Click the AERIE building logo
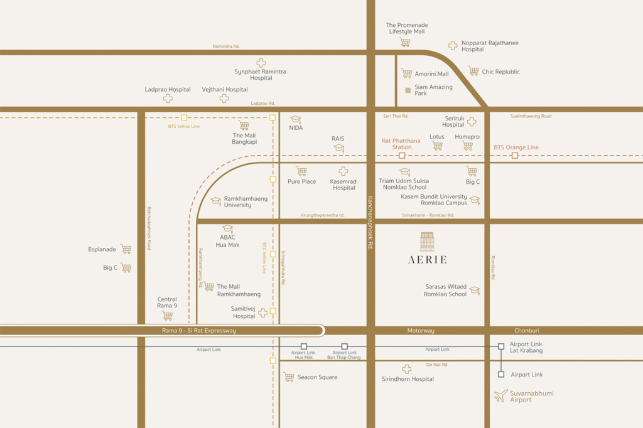pos(427,242)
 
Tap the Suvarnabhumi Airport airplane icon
pos(500,396)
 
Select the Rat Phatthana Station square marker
pos(402,155)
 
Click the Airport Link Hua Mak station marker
pos(304,346)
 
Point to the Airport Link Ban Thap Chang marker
pos(344,346)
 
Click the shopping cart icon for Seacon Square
pos(289,377)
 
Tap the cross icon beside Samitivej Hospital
pos(263,313)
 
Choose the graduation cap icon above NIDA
pos(295,120)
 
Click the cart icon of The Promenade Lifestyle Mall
pos(405,43)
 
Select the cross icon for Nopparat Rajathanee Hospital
pos(453,45)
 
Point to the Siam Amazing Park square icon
pos(408,90)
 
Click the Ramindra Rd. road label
pos(226,46)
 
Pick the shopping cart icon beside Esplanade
pos(126,249)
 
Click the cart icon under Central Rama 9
pos(167,316)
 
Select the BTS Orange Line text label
pos(516,147)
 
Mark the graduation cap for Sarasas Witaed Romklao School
pos(475,291)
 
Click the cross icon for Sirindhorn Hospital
pos(407,370)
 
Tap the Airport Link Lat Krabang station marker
pos(501,346)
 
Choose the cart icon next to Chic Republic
pos(473,72)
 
